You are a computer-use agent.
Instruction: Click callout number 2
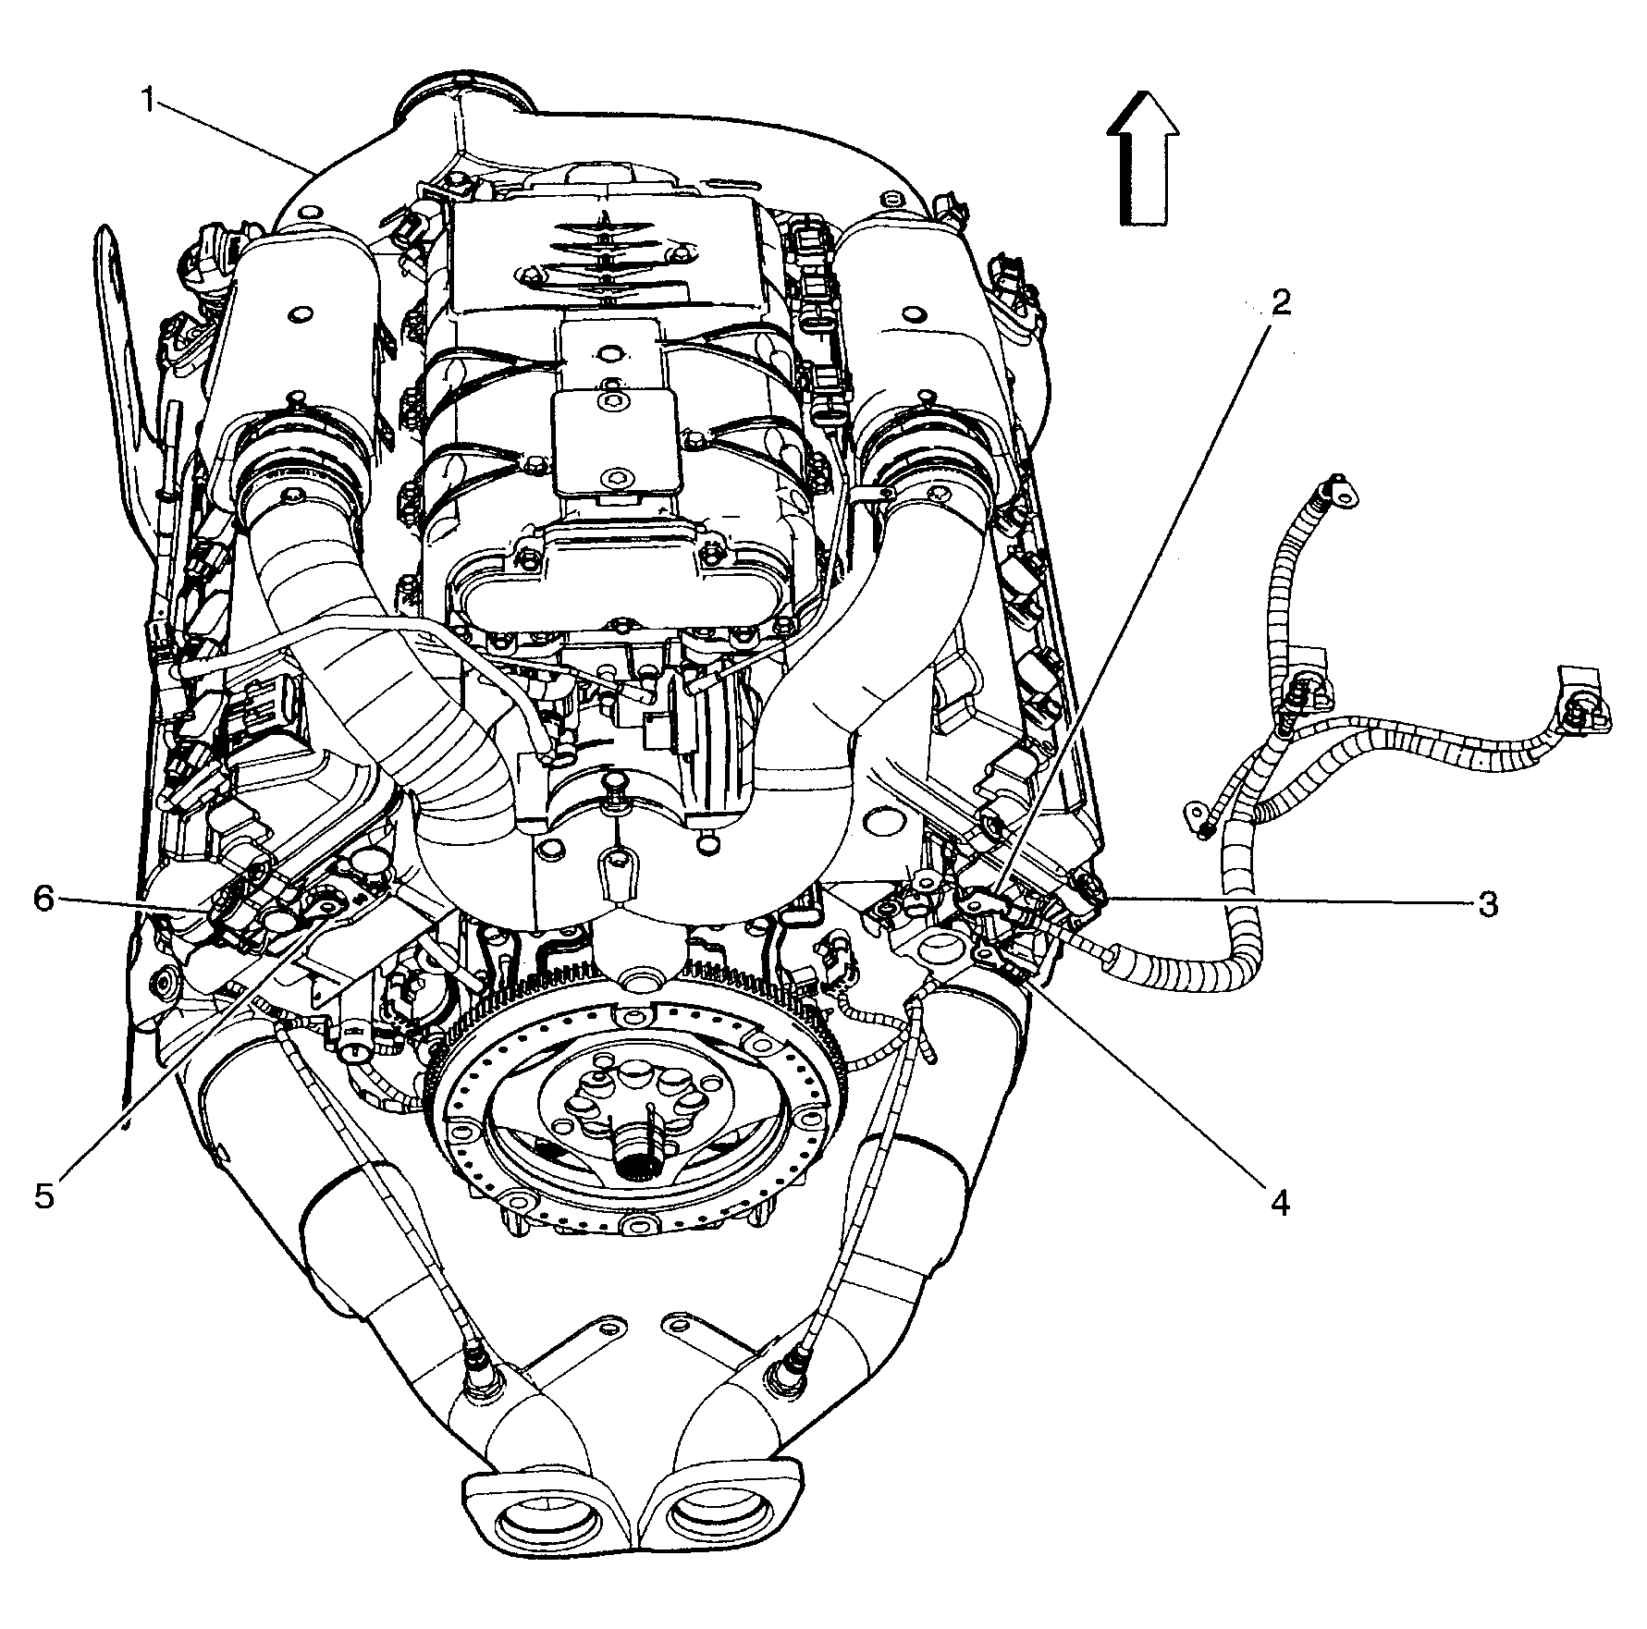coord(1280,304)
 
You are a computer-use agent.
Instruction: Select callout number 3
coord(1487,903)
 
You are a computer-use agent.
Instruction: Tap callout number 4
coord(1279,1202)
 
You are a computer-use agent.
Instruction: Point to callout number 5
coord(44,1195)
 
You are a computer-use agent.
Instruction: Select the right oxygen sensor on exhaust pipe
coord(786,1380)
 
